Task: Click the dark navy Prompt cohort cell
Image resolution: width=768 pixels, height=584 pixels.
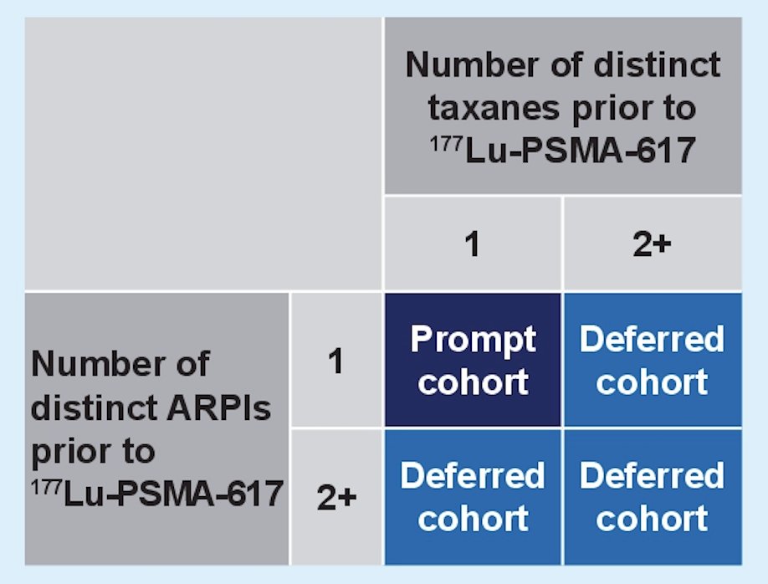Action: pyautogui.click(x=473, y=360)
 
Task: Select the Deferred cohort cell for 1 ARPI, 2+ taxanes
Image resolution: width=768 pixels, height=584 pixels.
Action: pyautogui.click(x=653, y=360)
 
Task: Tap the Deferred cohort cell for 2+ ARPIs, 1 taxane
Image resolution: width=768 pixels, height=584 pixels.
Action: pyautogui.click(x=473, y=497)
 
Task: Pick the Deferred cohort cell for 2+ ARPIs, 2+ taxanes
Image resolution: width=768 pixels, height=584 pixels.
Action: pyautogui.click(x=653, y=497)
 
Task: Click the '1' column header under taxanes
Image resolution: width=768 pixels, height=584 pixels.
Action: pyautogui.click(x=473, y=243)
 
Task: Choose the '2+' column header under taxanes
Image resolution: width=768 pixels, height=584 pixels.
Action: pyautogui.click(x=652, y=243)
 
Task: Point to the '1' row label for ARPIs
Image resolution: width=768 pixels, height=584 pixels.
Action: pyautogui.click(x=336, y=361)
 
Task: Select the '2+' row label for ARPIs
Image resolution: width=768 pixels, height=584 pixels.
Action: pyautogui.click(x=336, y=497)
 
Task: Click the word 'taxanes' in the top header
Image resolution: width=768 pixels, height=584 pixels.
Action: pyautogui.click(x=494, y=108)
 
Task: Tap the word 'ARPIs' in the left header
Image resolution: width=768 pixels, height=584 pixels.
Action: pyautogui.click(x=218, y=407)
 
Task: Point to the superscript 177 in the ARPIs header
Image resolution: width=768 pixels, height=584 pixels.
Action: pyautogui.click(x=47, y=488)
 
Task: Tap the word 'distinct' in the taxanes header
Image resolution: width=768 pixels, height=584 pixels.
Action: pyautogui.click(x=657, y=64)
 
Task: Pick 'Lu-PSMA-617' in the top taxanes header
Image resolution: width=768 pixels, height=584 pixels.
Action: pyautogui.click(x=580, y=151)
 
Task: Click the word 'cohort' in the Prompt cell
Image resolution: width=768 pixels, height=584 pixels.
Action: pyautogui.click(x=474, y=382)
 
